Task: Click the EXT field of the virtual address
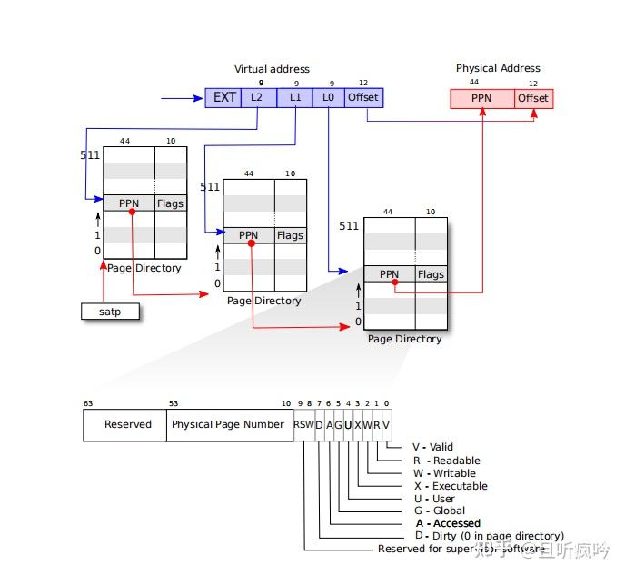[x=223, y=97]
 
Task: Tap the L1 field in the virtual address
[x=294, y=97]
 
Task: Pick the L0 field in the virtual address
[x=329, y=97]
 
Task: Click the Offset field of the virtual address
[x=362, y=97]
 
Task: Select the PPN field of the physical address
[x=481, y=98]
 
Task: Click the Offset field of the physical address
[x=533, y=98]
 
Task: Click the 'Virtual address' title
[x=272, y=69]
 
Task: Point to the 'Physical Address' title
[x=498, y=68]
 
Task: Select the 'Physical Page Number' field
[x=228, y=424]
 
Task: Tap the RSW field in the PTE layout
[x=303, y=424]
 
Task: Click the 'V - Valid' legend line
[x=432, y=447]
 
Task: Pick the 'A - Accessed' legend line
[x=448, y=523]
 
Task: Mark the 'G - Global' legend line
[x=439, y=511]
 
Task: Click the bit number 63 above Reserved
[x=88, y=402]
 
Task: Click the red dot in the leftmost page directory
[x=133, y=211]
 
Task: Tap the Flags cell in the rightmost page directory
[x=431, y=274]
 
